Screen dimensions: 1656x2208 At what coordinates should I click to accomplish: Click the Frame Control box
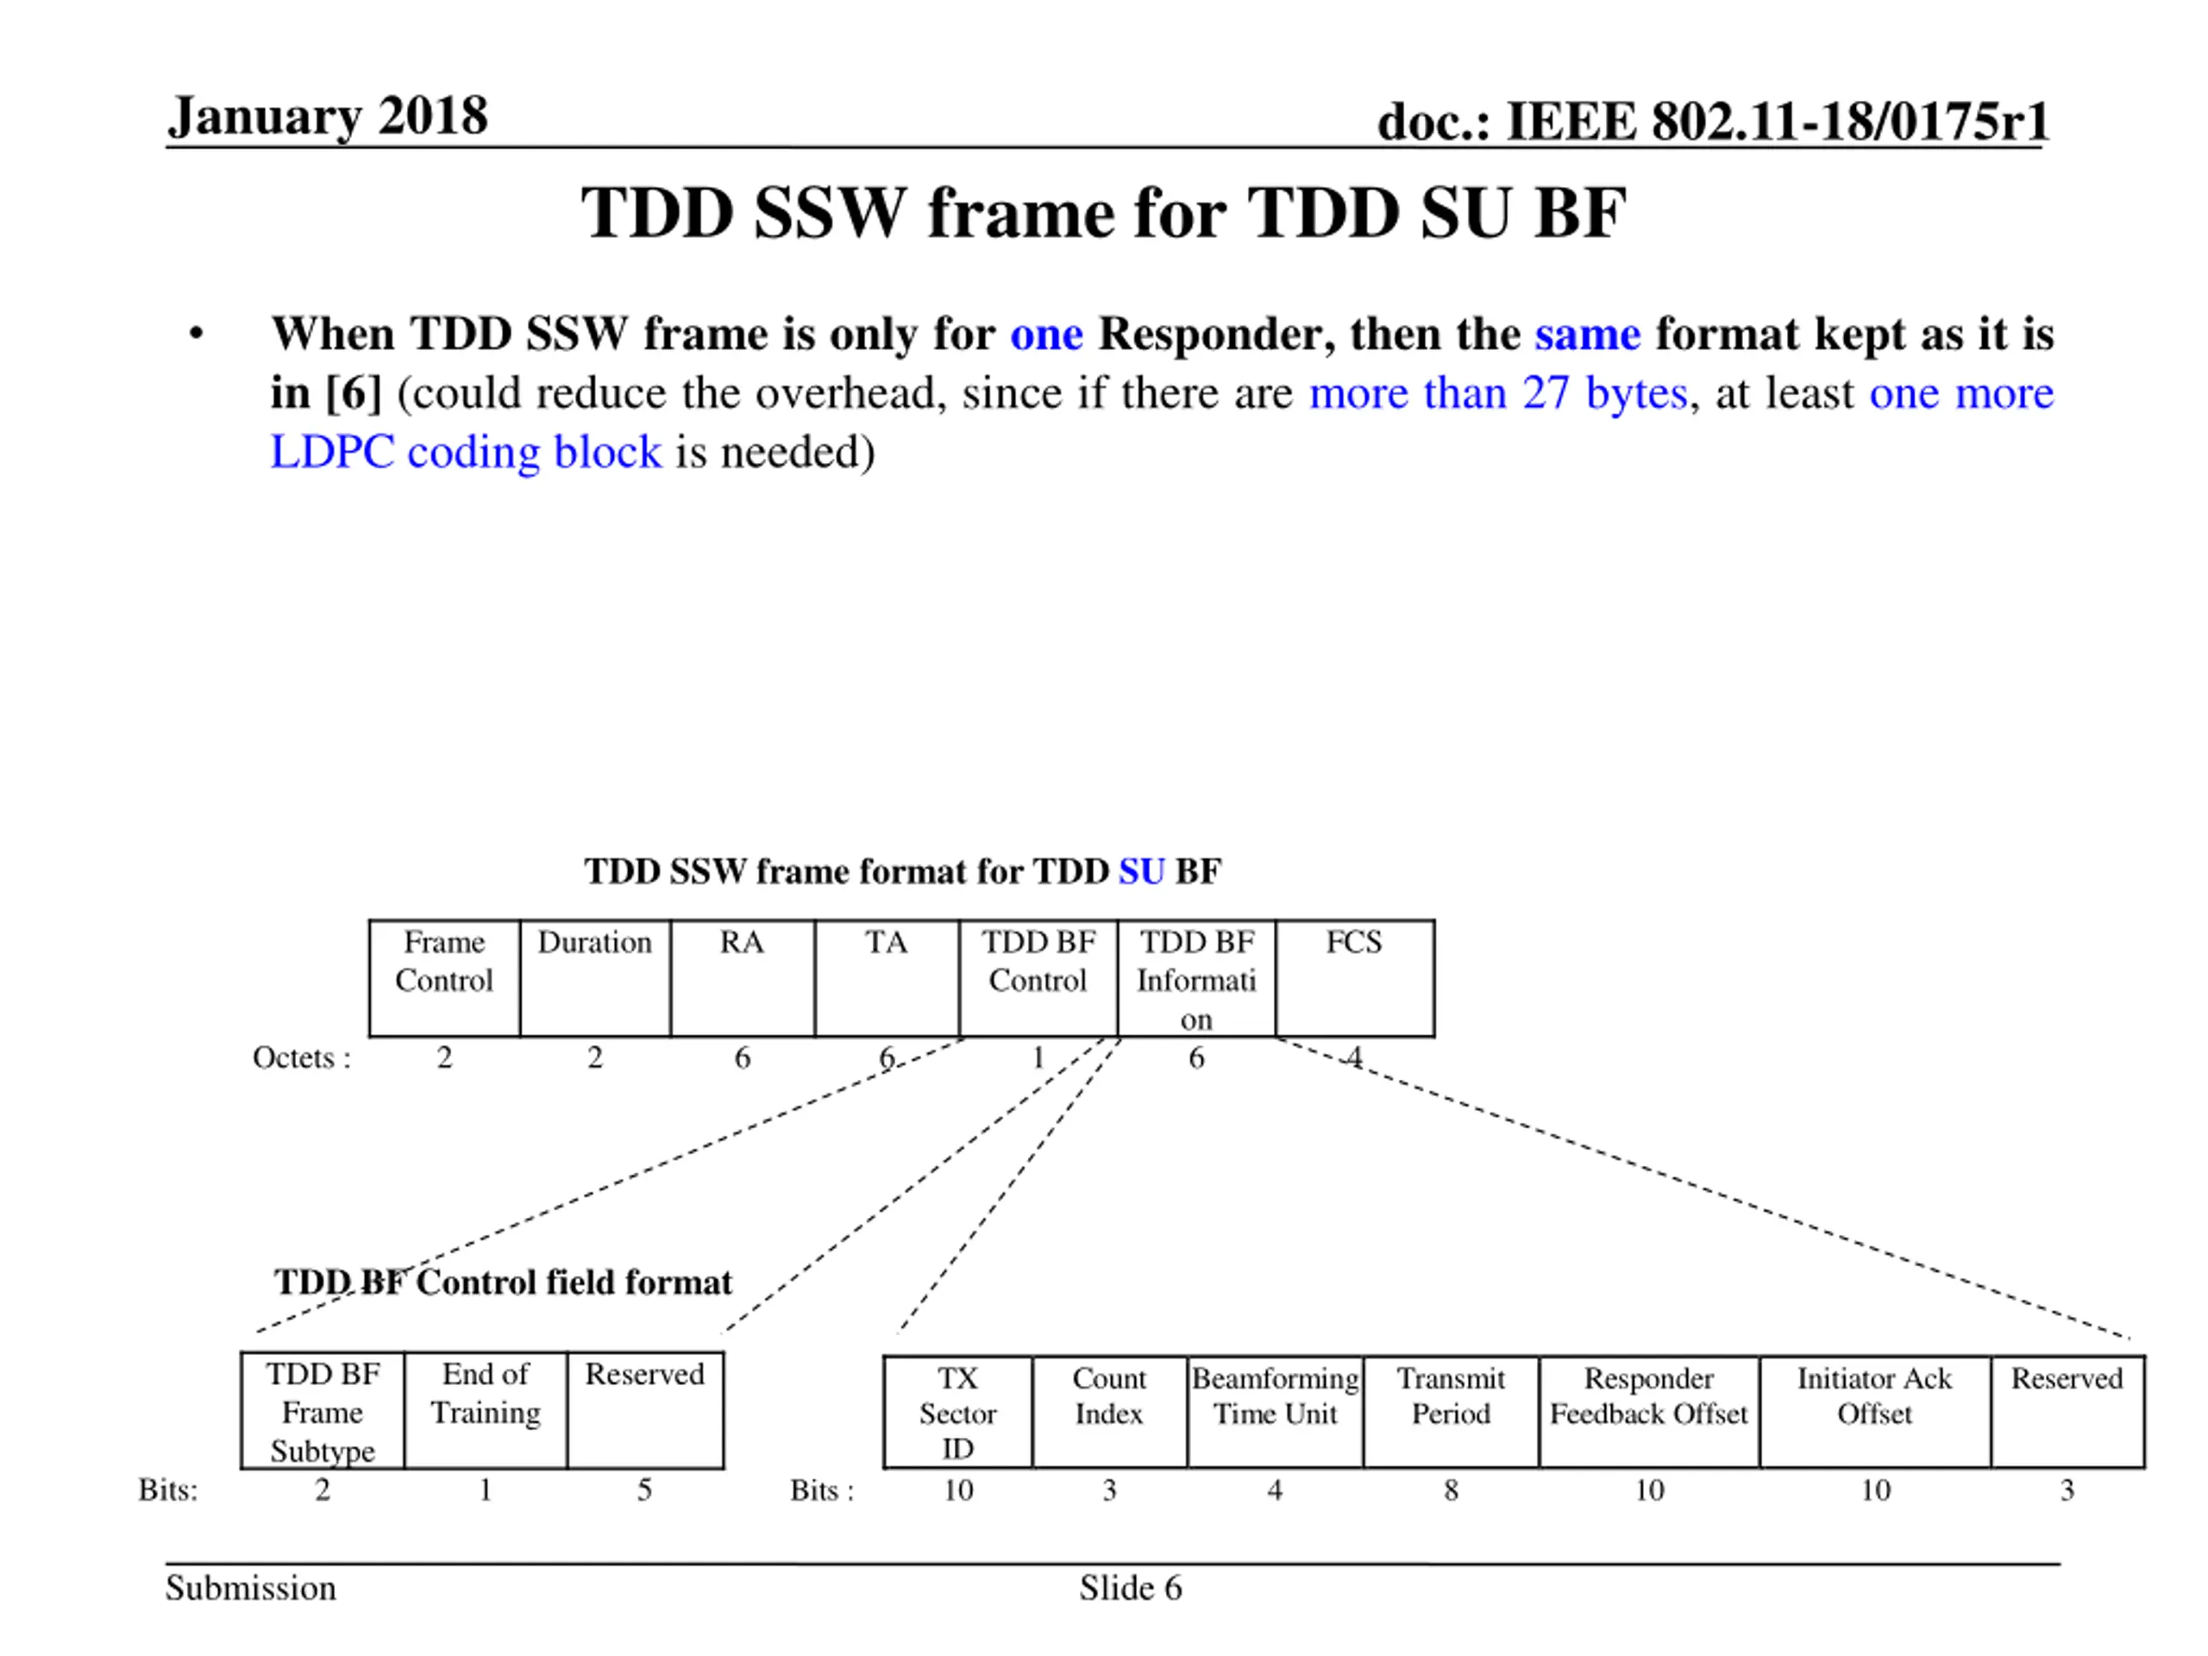[444, 977]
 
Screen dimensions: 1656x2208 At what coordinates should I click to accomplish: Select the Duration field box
[595, 977]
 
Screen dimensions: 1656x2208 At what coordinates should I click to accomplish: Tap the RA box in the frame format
[742, 977]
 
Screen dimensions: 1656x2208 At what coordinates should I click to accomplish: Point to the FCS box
[1353, 977]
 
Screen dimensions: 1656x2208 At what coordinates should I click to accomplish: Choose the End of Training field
[485, 1409]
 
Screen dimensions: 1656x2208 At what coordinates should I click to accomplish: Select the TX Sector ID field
[957, 1411]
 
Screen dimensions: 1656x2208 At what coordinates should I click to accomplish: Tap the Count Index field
[1109, 1411]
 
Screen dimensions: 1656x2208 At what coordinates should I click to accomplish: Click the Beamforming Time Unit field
[1275, 1411]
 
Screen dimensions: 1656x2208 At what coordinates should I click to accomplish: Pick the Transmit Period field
[1451, 1411]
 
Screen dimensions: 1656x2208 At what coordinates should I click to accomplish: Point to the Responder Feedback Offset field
[1648, 1411]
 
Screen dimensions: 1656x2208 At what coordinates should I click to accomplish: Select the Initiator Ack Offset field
[1873, 1411]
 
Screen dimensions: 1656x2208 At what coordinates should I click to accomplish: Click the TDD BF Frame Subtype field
[323, 1409]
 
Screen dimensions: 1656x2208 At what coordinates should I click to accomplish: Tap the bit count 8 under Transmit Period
[1451, 1490]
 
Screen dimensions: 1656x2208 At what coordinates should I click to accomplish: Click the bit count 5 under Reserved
[645, 1490]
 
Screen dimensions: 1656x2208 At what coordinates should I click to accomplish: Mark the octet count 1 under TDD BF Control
[1038, 1057]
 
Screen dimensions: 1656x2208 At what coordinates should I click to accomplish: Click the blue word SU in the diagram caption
[1141, 871]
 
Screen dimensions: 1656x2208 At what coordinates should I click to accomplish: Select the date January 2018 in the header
[328, 116]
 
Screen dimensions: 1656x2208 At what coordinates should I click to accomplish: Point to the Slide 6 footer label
[1130, 1588]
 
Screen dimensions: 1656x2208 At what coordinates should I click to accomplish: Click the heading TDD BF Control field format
[503, 1282]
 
